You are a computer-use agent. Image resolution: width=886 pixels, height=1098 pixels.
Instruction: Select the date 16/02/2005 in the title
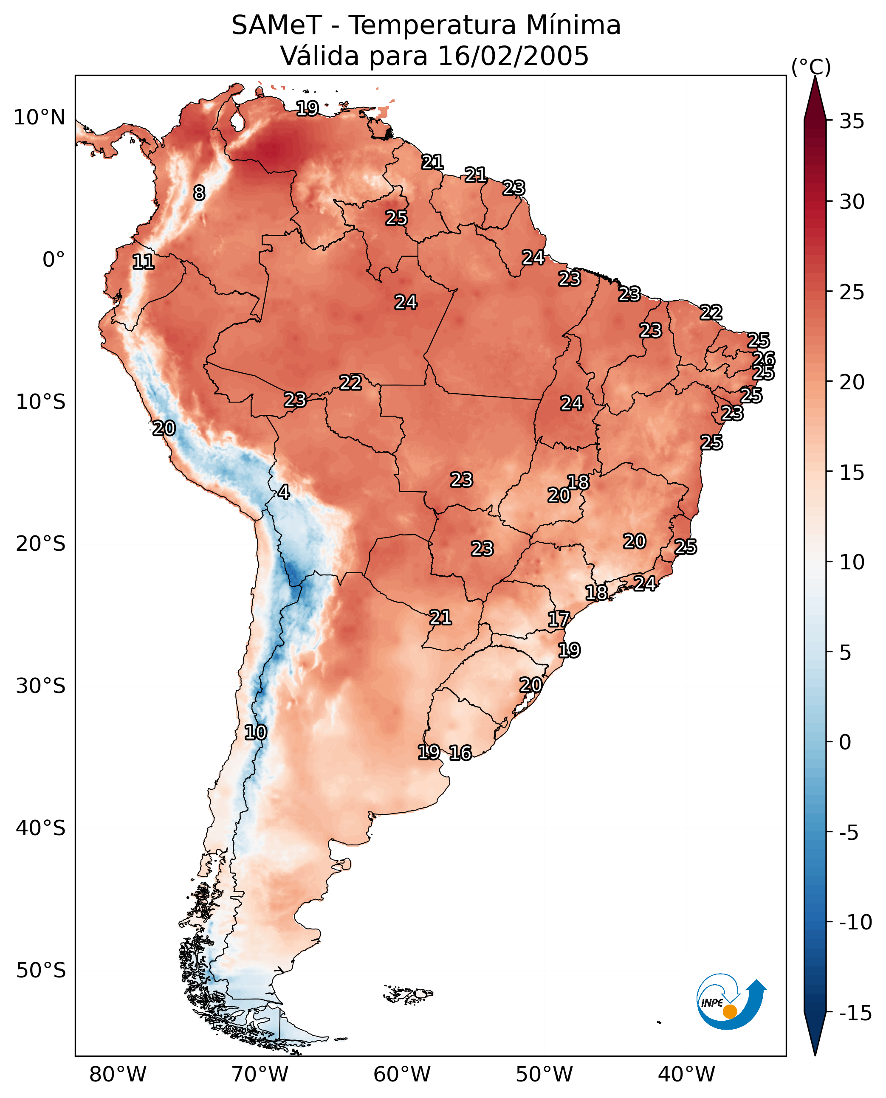coord(513,56)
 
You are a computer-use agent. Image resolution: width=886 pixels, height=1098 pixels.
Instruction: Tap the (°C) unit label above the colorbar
coord(811,67)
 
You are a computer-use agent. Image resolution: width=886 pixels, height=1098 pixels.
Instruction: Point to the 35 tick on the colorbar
coord(852,121)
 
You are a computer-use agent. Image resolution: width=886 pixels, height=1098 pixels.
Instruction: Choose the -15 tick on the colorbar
coord(855,1014)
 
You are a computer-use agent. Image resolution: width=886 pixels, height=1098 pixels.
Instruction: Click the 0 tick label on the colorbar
coord(845,742)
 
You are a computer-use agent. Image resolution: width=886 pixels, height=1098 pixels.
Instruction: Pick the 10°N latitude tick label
coord(40,118)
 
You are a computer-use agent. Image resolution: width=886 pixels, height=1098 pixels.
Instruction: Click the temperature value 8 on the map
coord(199,193)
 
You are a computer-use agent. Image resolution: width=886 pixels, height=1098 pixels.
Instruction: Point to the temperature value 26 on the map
coord(764,359)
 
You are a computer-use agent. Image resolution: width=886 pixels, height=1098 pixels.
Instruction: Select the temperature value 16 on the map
coord(460,753)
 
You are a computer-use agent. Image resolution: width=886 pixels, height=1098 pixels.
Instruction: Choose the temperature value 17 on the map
coord(559,619)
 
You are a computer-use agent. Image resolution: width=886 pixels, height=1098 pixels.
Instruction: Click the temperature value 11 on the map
coord(144,262)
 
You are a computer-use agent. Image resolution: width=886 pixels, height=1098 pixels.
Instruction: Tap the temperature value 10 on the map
coord(256,733)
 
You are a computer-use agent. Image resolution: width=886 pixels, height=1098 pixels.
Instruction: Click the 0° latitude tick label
coord(54,260)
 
